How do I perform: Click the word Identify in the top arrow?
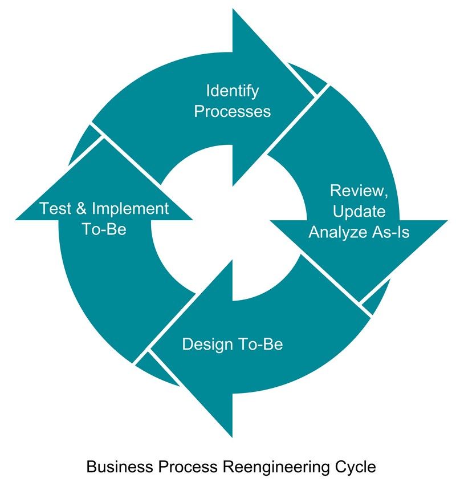pos(233,92)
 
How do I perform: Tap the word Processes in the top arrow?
pos(233,111)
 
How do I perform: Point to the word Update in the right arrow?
pos(359,212)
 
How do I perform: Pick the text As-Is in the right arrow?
pos(390,232)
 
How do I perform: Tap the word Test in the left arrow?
pos(55,208)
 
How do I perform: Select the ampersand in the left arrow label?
pos(81,208)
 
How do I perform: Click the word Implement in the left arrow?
pos(131,209)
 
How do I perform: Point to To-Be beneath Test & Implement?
pos(104,229)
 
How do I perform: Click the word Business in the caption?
pos(120,467)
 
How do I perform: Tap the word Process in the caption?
pos(188,467)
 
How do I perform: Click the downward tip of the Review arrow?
pos(359,301)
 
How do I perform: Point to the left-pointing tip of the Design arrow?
pos(151,349)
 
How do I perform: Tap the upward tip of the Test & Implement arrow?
pos(104,139)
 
